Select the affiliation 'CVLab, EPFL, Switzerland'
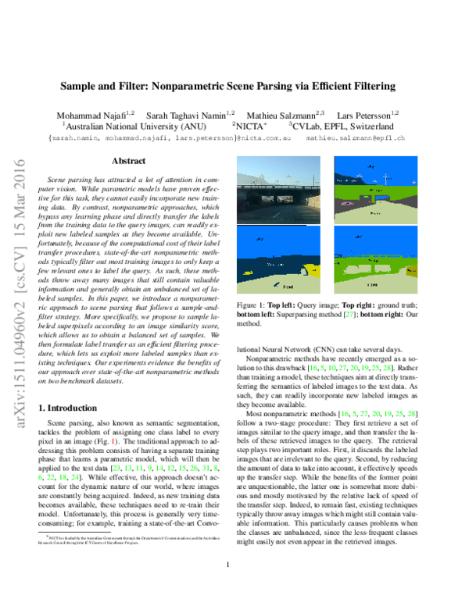click(341, 125)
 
